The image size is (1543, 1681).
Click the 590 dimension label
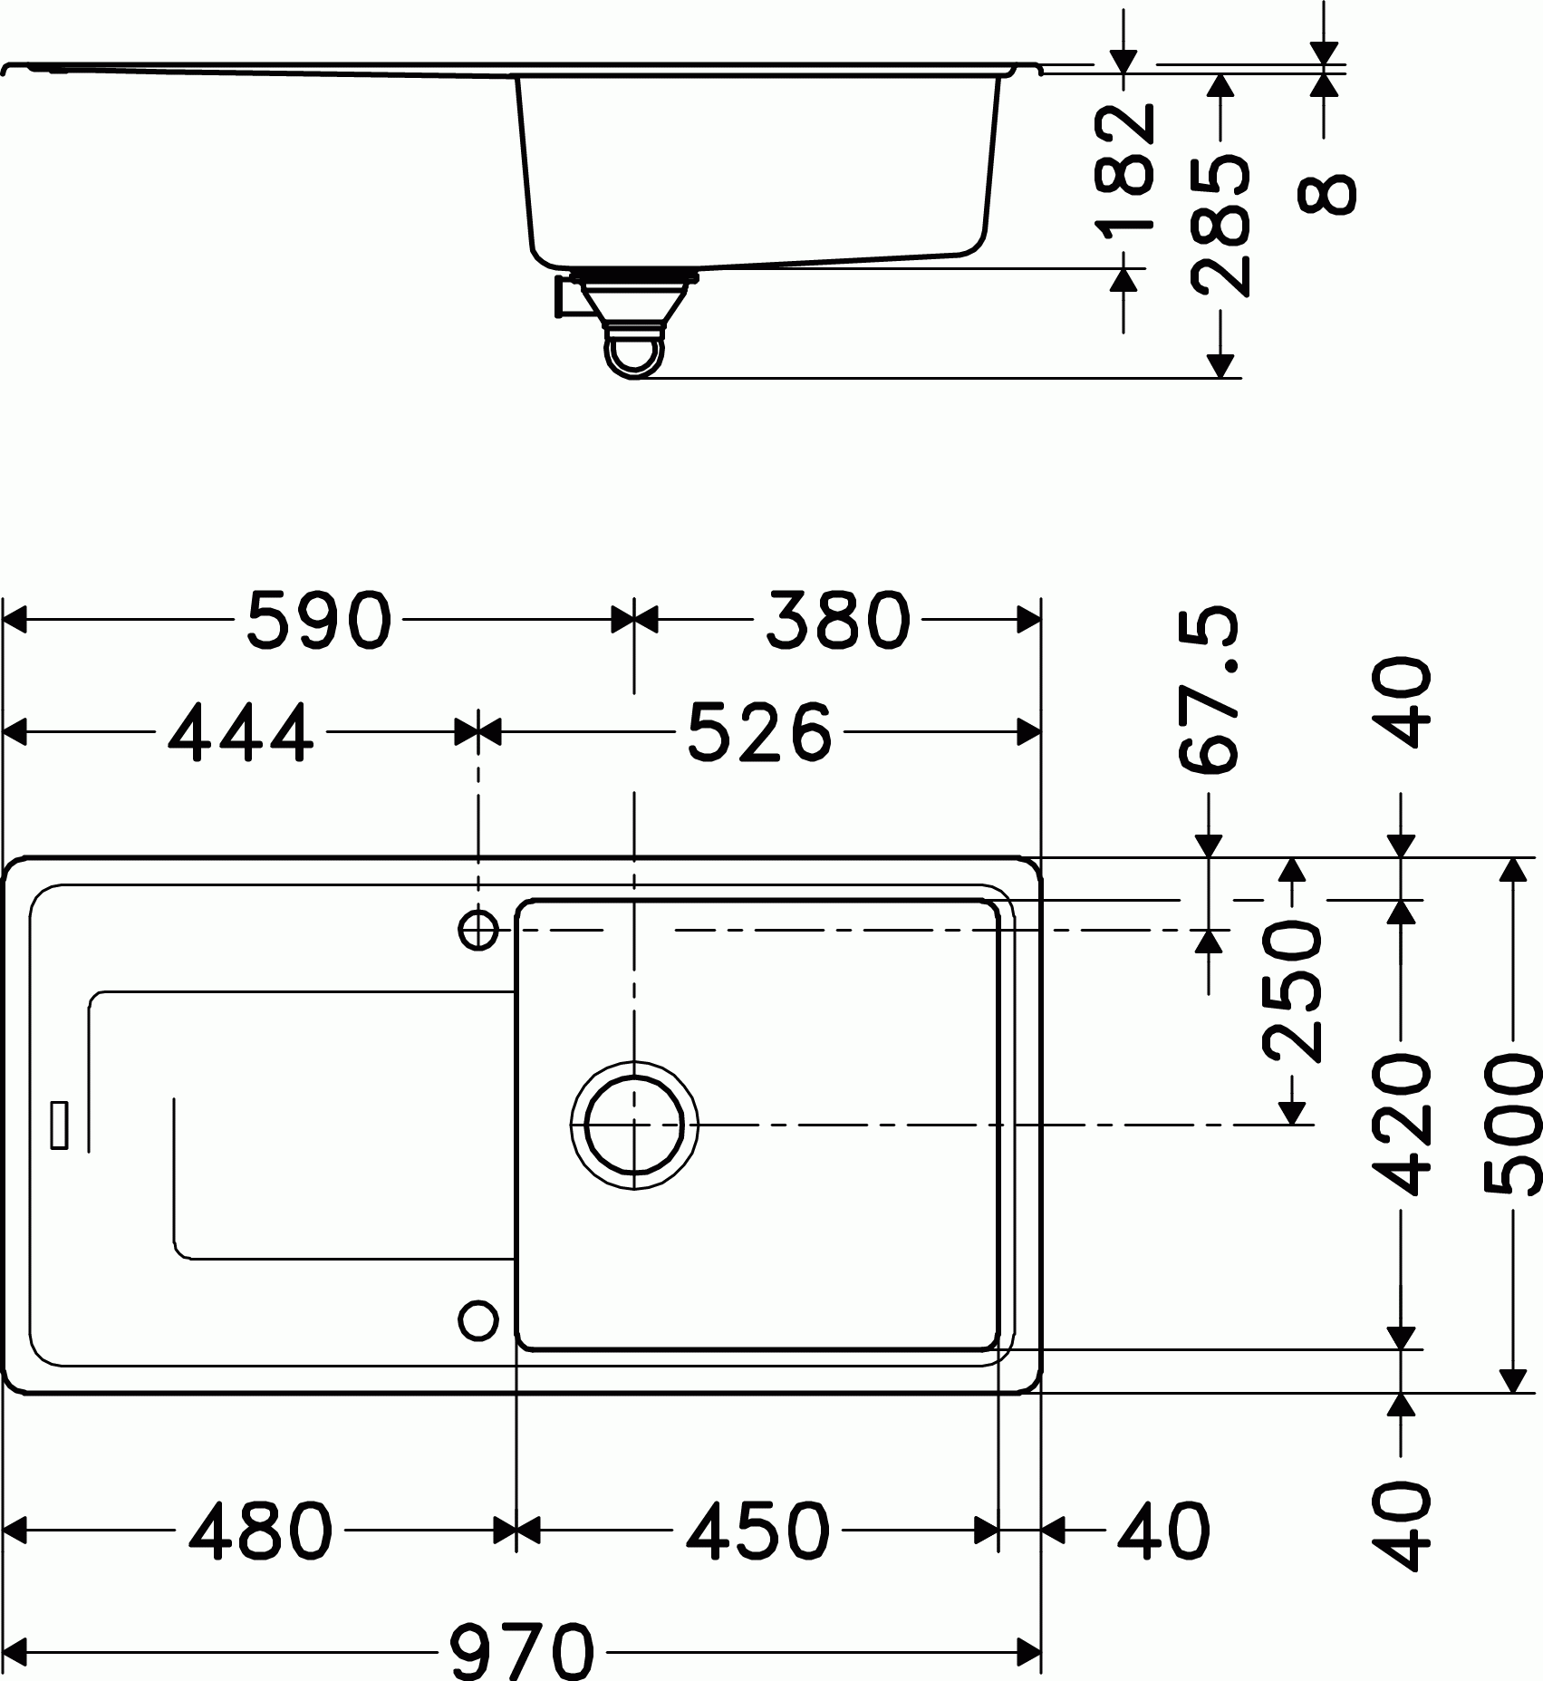point(320,621)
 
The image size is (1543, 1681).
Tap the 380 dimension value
point(837,621)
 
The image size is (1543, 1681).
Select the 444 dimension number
point(241,732)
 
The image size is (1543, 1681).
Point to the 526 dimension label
point(759,732)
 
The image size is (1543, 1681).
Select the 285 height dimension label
point(1220,226)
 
